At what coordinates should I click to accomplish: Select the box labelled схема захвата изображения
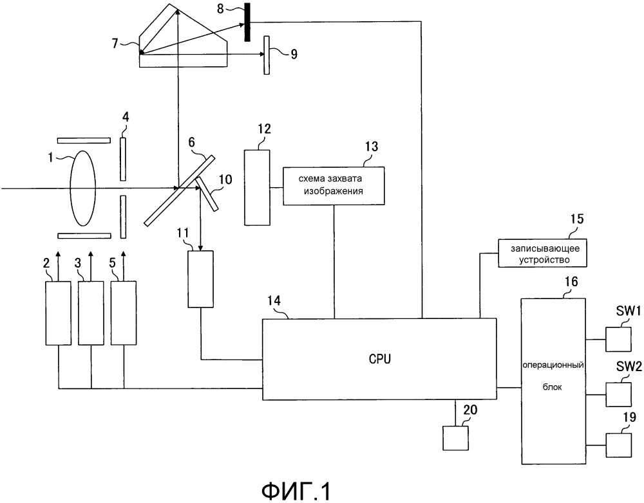pyautogui.click(x=334, y=186)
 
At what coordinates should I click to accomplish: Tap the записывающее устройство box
pyautogui.click(x=544, y=252)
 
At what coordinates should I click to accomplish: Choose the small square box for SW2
pyautogui.click(x=618, y=392)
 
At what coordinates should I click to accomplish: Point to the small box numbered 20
pyautogui.click(x=456, y=438)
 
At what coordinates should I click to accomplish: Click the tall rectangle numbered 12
pyautogui.click(x=258, y=187)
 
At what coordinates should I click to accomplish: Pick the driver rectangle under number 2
pyautogui.click(x=58, y=312)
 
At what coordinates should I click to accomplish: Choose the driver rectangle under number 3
pyautogui.click(x=91, y=312)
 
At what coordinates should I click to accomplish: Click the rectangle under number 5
pyautogui.click(x=124, y=312)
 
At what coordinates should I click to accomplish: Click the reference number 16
pyautogui.click(x=571, y=282)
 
